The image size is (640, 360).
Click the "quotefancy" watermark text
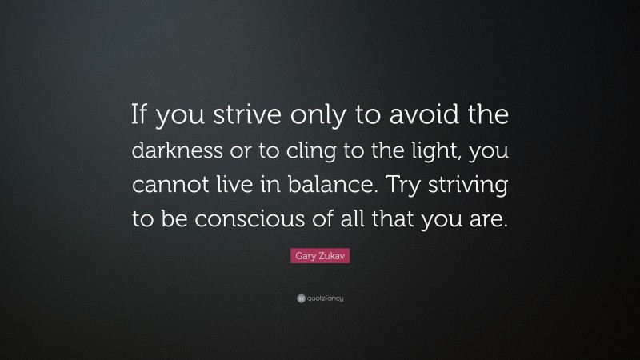pos(324,298)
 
